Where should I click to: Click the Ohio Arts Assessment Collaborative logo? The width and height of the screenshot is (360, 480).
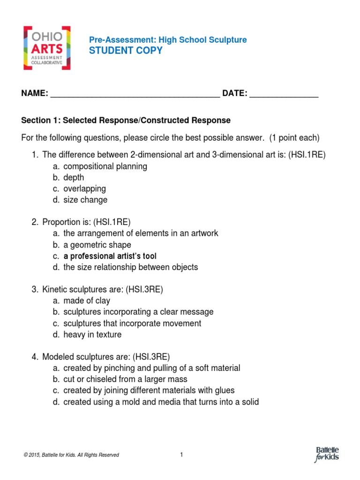(47, 47)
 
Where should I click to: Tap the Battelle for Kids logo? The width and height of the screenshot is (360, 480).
(327, 454)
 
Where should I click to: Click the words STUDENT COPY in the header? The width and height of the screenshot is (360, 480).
(126, 51)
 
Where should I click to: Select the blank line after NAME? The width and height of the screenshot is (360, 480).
(135, 95)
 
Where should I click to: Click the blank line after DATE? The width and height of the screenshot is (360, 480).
(284, 95)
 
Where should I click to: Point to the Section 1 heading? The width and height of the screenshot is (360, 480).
(126, 120)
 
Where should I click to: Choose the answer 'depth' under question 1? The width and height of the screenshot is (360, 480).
(74, 178)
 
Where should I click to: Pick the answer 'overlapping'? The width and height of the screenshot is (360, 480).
(84, 189)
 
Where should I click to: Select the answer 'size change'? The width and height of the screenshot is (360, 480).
(85, 200)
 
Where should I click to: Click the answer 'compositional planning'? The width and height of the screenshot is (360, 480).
(105, 166)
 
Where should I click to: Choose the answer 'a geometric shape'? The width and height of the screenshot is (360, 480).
(97, 245)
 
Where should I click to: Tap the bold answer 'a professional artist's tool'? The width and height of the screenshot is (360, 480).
(110, 256)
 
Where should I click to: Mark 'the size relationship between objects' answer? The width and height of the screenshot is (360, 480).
(130, 267)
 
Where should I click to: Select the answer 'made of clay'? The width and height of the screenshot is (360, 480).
(87, 301)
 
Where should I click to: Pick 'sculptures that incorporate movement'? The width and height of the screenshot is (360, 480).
(132, 323)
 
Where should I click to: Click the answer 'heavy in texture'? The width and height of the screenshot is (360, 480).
(92, 335)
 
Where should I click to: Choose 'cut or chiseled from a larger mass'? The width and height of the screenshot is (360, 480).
(125, 379)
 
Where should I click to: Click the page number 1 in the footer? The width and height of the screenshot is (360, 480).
(181, 454)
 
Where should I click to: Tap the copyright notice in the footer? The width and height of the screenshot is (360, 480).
(70, 455)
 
